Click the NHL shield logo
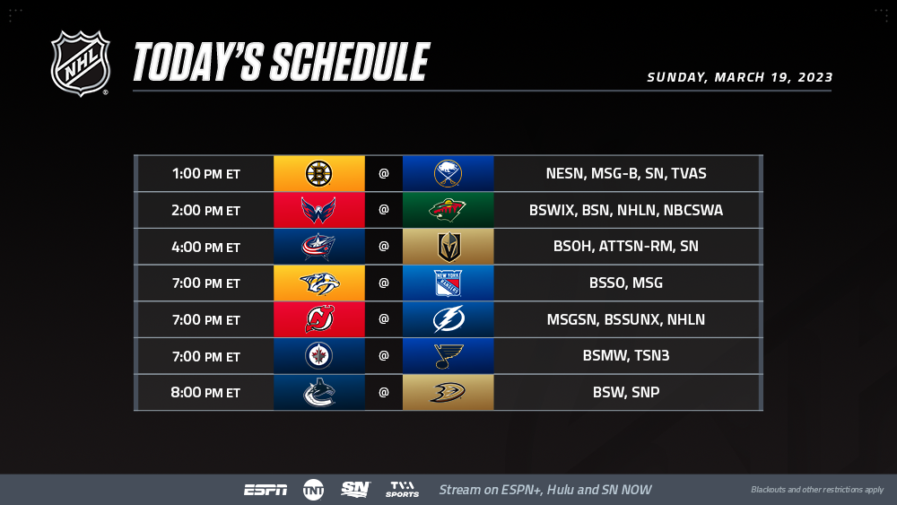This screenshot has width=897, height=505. [80, 63]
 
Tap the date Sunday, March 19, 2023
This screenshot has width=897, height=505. [740, 77]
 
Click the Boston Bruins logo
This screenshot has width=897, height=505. [318, 173]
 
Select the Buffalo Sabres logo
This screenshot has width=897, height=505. [448, 173]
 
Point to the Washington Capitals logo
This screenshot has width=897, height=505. [318, 211]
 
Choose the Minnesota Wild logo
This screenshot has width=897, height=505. [448, 210]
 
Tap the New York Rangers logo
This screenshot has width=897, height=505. [448, 283]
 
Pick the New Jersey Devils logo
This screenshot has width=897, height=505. [319, 319]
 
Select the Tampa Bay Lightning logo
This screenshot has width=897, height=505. [448, 319]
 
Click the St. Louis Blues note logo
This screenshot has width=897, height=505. [448, 356]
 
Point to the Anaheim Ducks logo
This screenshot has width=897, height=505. [448, 392]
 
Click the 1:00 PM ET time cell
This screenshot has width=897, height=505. [206, 173]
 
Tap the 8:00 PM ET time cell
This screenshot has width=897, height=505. [206, 392]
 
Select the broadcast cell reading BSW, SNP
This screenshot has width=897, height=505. [626, 392]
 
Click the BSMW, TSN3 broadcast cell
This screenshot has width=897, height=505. [626, 356]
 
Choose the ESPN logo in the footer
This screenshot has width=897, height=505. [266, 490]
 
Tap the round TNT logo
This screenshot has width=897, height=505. [313, 490]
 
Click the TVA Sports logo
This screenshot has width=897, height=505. [402, 490]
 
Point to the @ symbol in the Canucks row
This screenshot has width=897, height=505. [383, 392]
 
